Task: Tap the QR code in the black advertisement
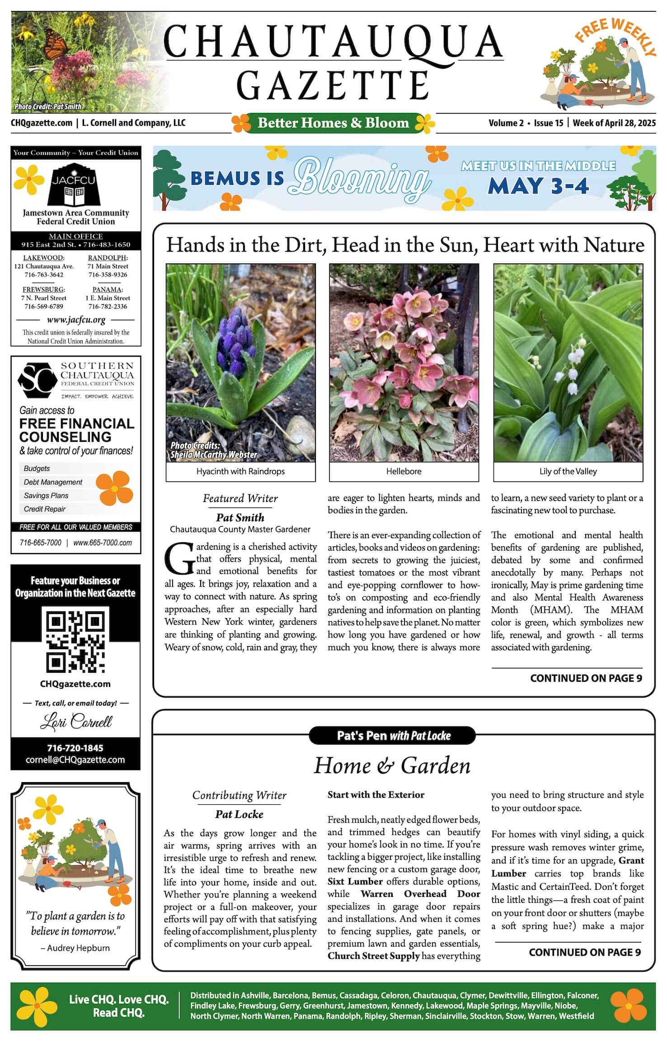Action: point(75,641)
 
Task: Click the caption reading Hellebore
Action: point(404,471)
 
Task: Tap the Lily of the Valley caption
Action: point(568,471)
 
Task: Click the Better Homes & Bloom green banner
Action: point(333,123)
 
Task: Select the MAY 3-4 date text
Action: point(538,186)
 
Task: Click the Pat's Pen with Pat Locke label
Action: point(393,736)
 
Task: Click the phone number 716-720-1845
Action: point(75,748)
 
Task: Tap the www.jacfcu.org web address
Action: point(76,320)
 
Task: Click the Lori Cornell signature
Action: point(76,722)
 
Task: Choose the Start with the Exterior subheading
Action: point(376,795)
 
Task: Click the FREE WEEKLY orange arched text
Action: point(615,33)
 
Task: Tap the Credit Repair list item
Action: point(45,509)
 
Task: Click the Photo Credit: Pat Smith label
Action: point(48,107)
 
